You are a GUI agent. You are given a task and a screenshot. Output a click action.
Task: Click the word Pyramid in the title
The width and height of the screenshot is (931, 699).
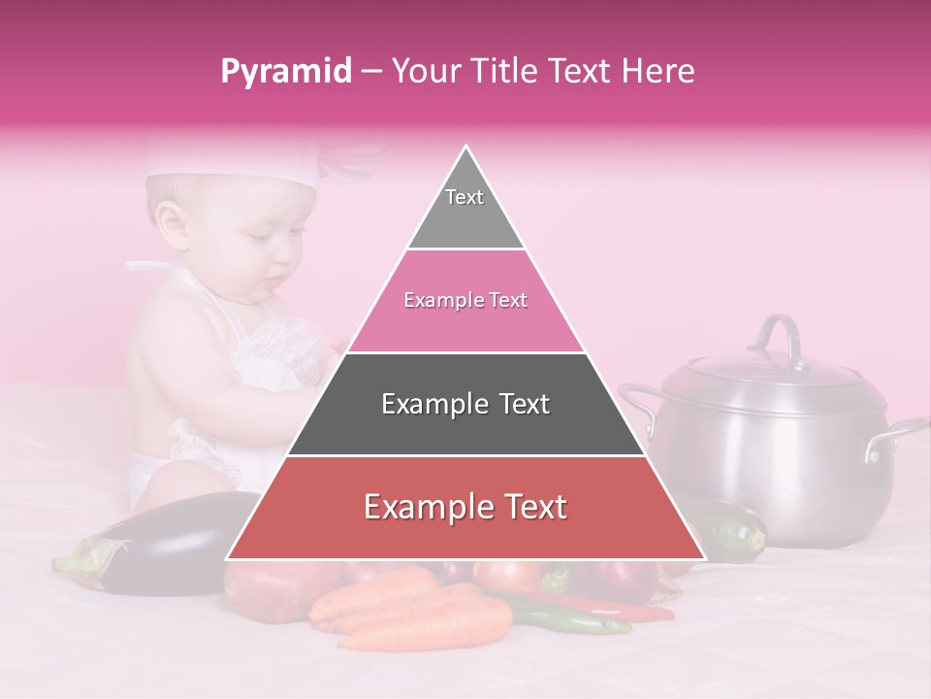coord(285,72)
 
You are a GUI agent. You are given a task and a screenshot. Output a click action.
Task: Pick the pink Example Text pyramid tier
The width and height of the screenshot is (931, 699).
coord(465,301)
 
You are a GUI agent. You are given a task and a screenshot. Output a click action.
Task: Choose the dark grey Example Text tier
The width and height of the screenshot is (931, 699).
coord(465,404)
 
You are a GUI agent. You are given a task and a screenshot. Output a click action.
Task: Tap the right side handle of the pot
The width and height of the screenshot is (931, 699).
coord(897,436)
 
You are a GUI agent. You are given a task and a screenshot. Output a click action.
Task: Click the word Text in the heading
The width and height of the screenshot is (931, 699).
coord(580,71)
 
